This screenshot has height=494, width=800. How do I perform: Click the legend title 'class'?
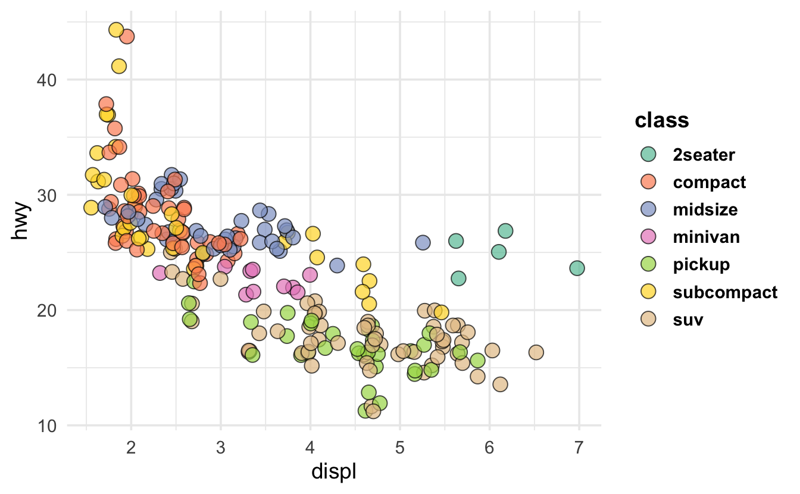pyautogui.click(x=662, y=121)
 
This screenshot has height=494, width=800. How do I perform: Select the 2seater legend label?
pyautogui.click(x=704, y=155)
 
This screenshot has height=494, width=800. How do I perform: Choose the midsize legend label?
pyautogui.click(x=705, y=210)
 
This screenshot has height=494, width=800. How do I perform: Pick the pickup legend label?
pyautogui.click(x=701, y=265)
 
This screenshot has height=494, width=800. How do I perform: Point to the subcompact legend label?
pyautogui.click(x=725, y=292)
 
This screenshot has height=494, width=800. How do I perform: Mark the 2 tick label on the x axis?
pyautogui.click(x=131, y=446)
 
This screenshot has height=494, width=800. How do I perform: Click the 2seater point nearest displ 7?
pyautogui.click(x=577, y=268)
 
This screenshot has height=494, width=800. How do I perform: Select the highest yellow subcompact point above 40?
pyautogui.click(x=116, y=30)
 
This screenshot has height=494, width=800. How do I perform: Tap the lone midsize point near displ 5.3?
pyautogui.click(x=423, y=243)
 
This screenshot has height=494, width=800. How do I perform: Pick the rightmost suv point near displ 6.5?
pyautogui.click(x=536, y=352)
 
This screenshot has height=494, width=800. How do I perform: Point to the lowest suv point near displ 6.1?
pyautogui.click(x=500, y=384)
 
